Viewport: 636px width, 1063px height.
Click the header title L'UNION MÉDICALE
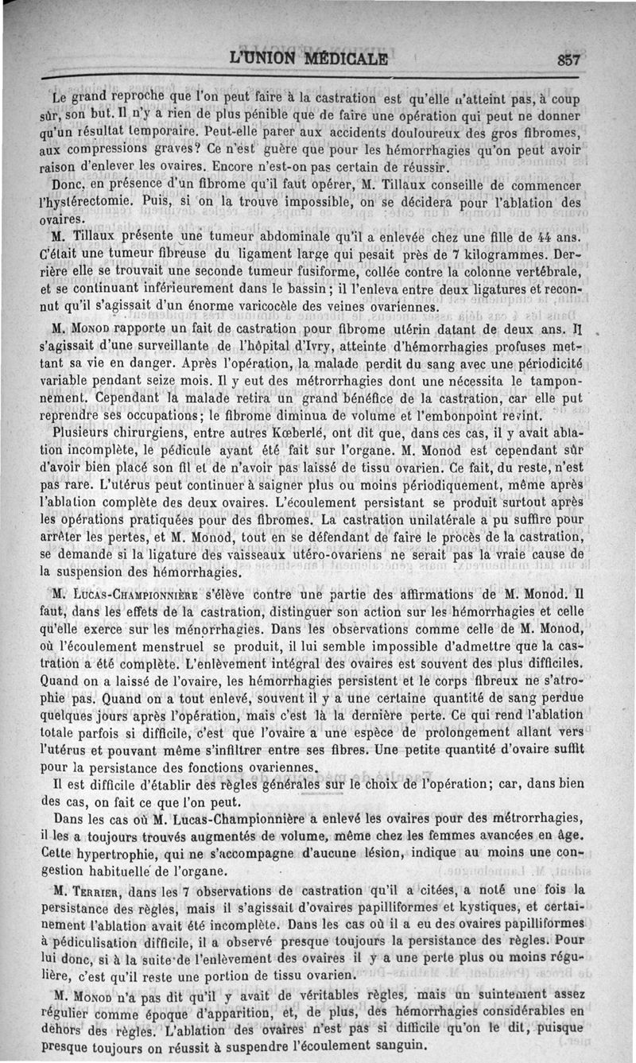point(308,58)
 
